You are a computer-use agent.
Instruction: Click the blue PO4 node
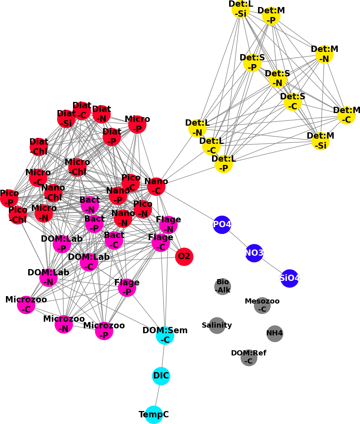tap(222, 225)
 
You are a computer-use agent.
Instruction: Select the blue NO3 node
tap(254, 253)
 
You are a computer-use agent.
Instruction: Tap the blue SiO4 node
tap(290, 278)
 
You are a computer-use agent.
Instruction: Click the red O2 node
tap(184, 257)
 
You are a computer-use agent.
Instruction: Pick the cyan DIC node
tap(161, 376)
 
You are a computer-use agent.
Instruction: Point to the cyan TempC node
tap(154, 415)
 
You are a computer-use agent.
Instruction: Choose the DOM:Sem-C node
tap(165, 336)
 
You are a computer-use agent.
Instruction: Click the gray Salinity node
tap(217, 325)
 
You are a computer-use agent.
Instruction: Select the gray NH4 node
tap(275, 334)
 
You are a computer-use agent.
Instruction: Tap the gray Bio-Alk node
tap(222, 286)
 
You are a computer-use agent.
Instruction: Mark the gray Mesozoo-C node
tap(262, 305)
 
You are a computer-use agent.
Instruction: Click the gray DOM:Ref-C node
tap(249, 358)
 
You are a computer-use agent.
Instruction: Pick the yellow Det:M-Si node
tap(320, 141)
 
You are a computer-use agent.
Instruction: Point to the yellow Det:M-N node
tap(324, 54)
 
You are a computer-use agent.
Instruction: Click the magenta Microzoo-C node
tap(26, 305)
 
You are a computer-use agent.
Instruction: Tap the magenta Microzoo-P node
tap(104, 331)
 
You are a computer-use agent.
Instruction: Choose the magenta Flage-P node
tap(127, 288)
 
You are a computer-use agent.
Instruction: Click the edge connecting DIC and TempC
tap(158, 395)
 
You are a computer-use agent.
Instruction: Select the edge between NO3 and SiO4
tap(272, 266)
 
